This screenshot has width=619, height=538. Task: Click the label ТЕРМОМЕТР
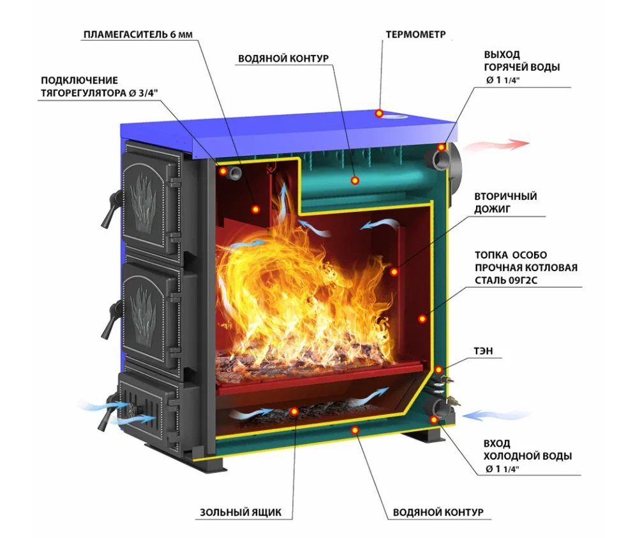[415, 34]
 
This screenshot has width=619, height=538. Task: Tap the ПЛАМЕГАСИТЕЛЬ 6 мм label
[138, 34]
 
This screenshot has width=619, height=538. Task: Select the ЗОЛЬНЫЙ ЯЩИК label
[241, 512]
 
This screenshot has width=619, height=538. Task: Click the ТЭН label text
[483, 350]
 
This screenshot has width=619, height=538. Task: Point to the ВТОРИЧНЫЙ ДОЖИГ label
[505, 202]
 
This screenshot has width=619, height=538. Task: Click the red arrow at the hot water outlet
[496, 144]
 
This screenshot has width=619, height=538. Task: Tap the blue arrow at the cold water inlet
[496, 415]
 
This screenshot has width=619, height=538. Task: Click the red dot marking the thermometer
[379, 114]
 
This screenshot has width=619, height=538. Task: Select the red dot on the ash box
[294, 412]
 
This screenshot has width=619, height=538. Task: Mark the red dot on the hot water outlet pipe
[442, 147]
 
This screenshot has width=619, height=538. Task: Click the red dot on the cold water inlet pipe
[434, 419]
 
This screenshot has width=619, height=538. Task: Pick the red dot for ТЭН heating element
[438, 370]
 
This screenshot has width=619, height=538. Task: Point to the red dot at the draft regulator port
[223, 171]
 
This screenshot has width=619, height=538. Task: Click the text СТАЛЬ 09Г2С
[505, 280]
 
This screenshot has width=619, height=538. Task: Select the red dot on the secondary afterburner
[394, 272]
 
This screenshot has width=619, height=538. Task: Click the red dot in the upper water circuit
[355, 181]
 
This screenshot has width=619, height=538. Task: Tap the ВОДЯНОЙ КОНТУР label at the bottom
[438, 512]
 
